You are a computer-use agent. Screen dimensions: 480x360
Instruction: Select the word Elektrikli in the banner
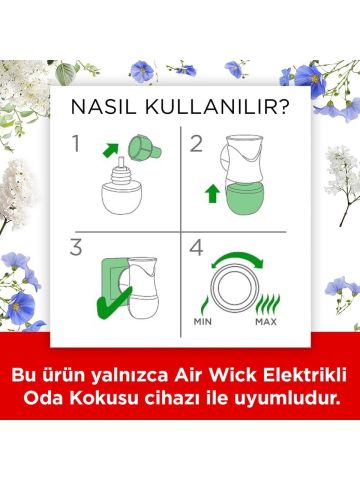(291, 375)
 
